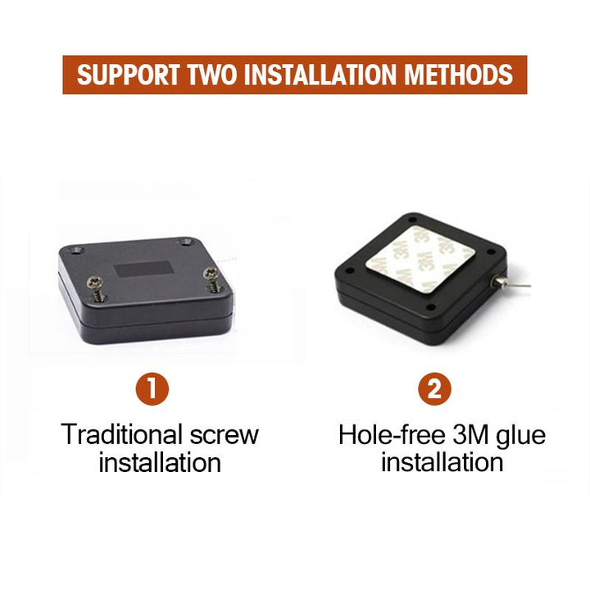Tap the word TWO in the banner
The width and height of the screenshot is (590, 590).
pos(212,75)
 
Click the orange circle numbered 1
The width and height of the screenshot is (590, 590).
pos(152,388)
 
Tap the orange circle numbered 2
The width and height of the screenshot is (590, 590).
pos(434,388)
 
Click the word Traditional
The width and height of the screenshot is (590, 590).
pos(122,434)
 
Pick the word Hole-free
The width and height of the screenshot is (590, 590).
pos(392,435)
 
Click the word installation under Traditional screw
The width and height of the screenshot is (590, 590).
pos(160,462)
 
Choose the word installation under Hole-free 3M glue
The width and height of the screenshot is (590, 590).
pos(442,462)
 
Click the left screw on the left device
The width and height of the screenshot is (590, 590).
pos(96,288)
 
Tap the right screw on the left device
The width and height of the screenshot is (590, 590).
pos(212,279)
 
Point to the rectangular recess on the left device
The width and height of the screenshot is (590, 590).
pos(143,270)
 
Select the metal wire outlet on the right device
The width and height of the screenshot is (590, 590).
pos(498,280)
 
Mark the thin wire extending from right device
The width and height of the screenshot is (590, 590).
pos(519,285)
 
